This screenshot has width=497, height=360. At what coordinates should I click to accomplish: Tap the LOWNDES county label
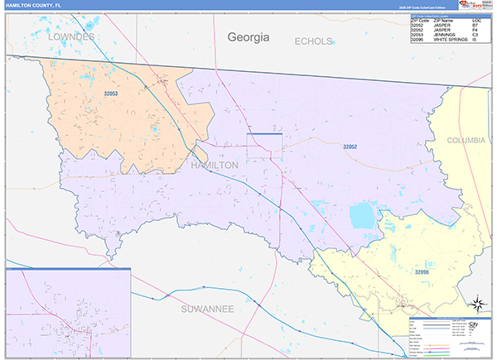[x=73, y=38]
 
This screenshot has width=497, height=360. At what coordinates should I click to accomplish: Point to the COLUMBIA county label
[x=466, y=141]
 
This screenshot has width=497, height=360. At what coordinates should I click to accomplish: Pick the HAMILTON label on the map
[x=215, y=166]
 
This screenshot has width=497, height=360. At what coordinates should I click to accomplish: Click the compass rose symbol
[x=476, y=302]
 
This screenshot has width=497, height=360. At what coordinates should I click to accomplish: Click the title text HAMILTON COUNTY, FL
[x=34, y=5]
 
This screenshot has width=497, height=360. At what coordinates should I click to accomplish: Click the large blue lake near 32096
[x=362, y=217]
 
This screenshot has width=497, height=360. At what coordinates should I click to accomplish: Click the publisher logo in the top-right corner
[x=461, y=5]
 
